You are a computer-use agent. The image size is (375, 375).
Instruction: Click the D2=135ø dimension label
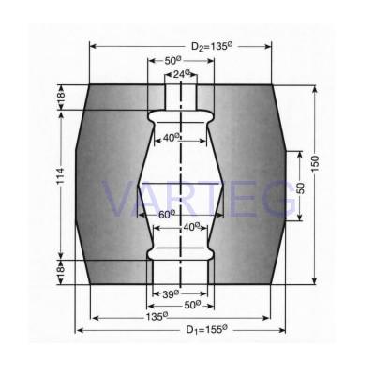click(212, 46)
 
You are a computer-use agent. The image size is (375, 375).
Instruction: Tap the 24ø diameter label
click(182, 74)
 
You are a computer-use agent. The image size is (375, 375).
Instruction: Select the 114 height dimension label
click(60, 175)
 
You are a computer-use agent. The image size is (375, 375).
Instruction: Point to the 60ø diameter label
click(167, 214)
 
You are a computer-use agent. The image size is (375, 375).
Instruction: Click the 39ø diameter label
click(171, 293)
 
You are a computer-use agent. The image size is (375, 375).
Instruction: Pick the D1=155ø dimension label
click(206, 329)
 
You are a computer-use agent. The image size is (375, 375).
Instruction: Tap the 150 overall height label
click(315, 163)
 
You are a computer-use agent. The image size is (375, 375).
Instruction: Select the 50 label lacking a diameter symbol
click(300, 188)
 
